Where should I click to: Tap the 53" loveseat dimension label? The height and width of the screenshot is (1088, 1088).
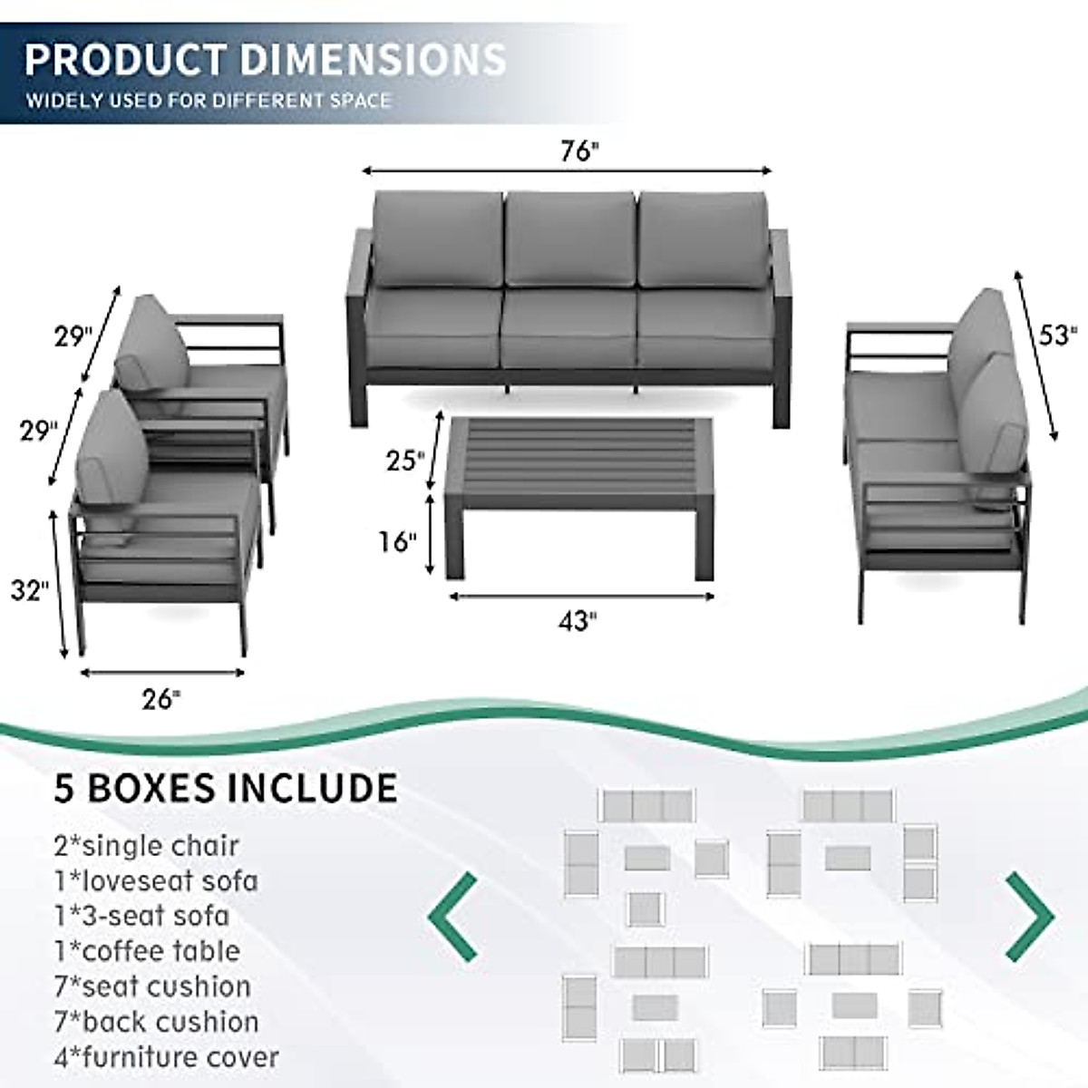(1057, 335)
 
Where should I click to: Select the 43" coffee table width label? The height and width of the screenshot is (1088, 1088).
(578, 621)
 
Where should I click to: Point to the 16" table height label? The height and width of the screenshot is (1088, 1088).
(397, 542)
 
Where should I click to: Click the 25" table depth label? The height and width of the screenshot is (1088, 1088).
(404, 461)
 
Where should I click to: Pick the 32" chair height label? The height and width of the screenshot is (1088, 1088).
(29, 591)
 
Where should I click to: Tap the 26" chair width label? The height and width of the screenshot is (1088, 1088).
(161, 699)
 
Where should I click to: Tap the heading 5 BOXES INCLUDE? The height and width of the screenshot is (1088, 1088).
(225, 788)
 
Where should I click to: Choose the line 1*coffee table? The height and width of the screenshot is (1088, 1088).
(147, 951)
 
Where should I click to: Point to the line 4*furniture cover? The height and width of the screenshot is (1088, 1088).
(166, 1057)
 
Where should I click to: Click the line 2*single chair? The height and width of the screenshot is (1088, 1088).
(146, 845)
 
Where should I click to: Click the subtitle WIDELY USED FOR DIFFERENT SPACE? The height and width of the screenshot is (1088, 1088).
(208, 101)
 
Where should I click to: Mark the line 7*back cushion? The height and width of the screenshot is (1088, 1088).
(157, 1022)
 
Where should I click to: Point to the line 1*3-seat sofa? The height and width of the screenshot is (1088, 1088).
(141, 916)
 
